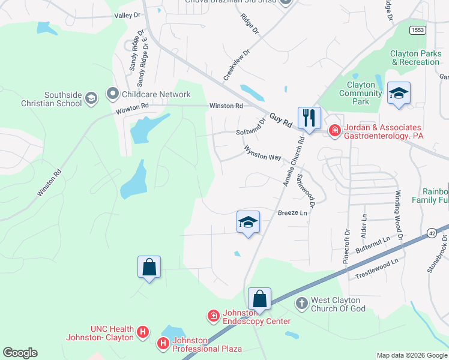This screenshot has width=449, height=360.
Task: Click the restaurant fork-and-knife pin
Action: pyautogui.click(x=309, y=118)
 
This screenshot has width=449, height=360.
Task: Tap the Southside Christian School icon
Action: pyautogui.click(x=91, y=98)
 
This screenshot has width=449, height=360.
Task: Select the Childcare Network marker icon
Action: pyautogui.click(x=112, y=94)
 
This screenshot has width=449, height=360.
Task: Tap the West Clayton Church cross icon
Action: pyautogui.click(x=301, y=304)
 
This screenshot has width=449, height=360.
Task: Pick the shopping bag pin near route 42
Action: pyautogui.click(x=259, y=298)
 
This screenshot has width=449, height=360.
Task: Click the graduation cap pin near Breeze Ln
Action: pyautogui.click(x=248, y=222)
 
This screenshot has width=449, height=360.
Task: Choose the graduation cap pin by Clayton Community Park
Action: pyautogui.click(x=399, y=93)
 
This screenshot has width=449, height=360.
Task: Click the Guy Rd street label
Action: pyautogui.click(x=280, y=119)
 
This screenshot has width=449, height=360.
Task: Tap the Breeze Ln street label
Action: pyautogui.click(x=292, y=213)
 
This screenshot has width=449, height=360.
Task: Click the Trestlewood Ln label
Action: pyautogui.click(x=377, y=268)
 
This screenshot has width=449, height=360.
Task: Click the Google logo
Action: pyautogui.click(x=20, y=353)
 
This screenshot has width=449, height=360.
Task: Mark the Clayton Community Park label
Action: pyautogui.click(x=361, y=93)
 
